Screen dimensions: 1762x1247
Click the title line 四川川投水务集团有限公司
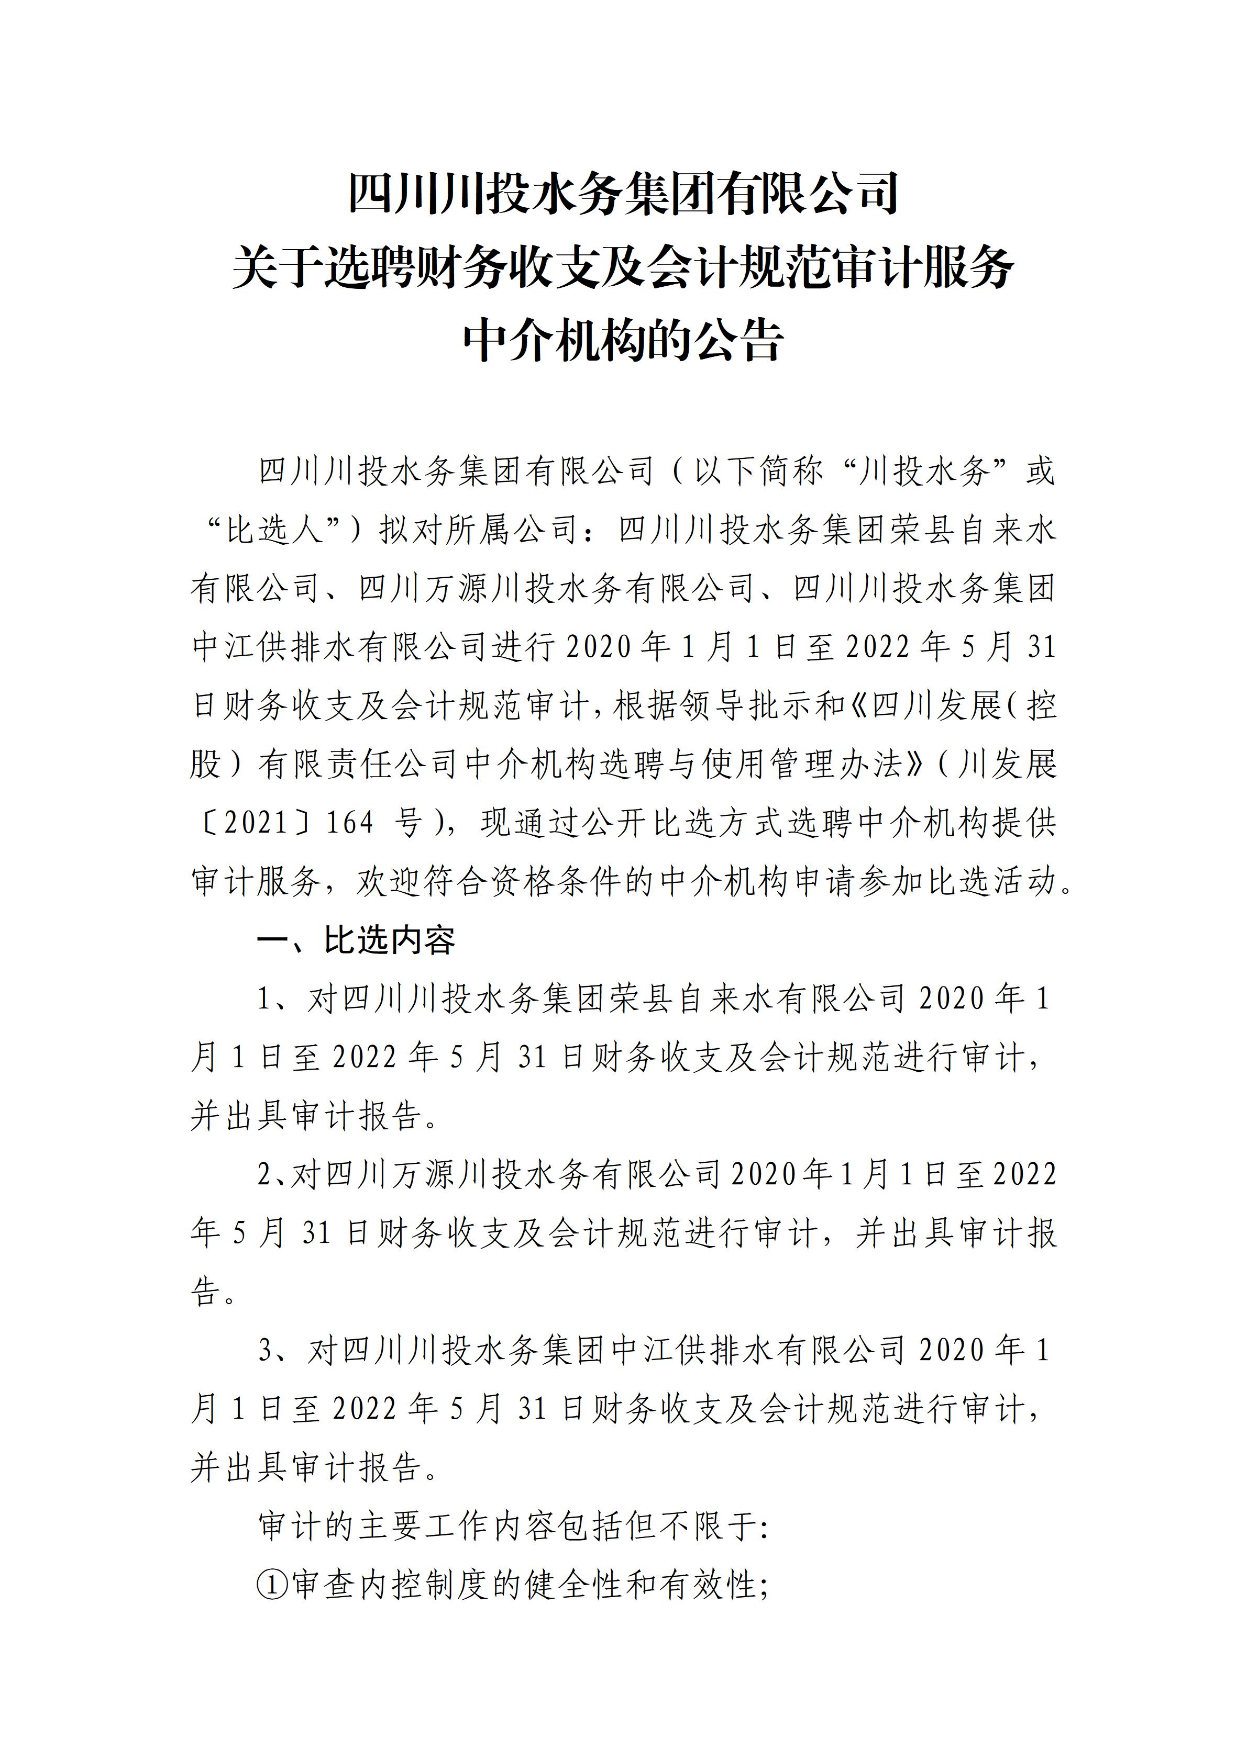[623, 194]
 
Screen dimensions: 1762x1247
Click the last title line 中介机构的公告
[623, 340]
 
